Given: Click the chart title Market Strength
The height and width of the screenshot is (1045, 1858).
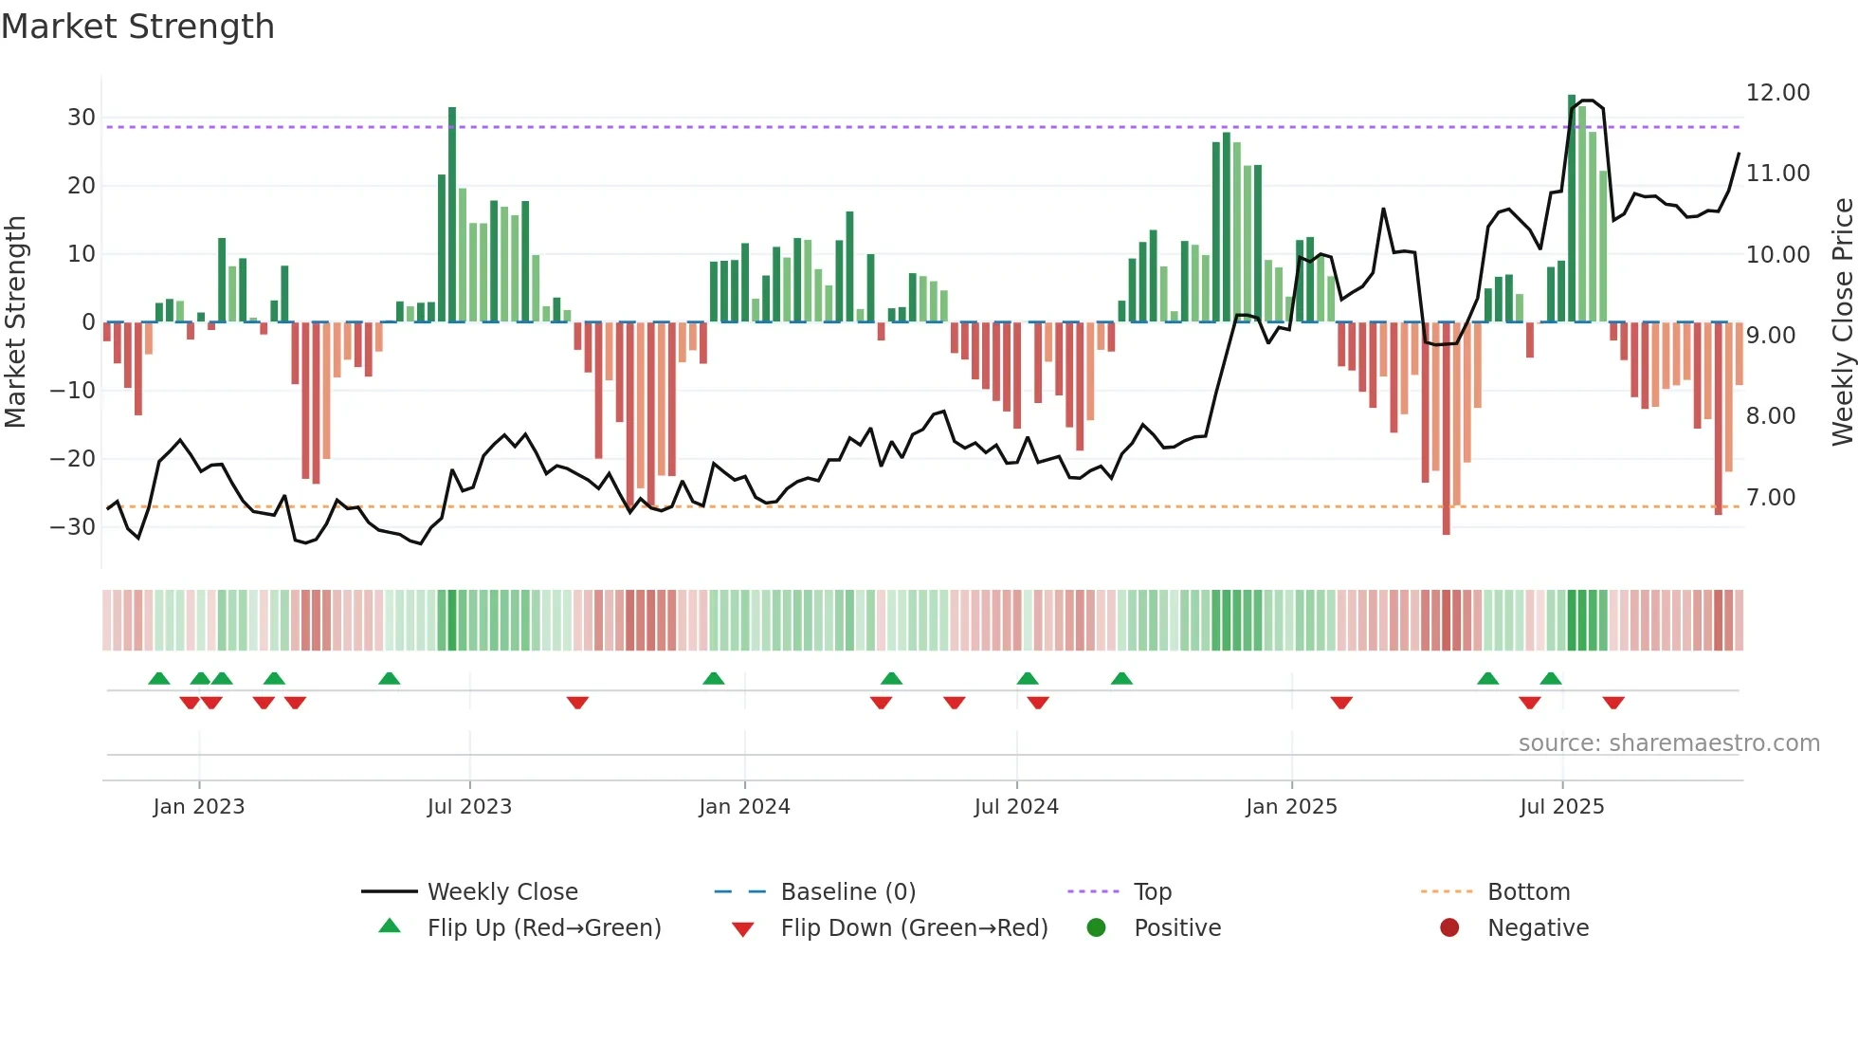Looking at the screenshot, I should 137,27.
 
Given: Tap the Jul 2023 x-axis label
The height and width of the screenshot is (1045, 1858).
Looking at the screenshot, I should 469,807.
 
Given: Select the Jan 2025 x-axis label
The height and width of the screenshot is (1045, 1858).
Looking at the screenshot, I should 1291,807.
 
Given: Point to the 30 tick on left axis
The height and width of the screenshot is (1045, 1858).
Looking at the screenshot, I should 82,118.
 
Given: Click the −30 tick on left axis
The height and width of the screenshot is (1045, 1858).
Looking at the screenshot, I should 74,527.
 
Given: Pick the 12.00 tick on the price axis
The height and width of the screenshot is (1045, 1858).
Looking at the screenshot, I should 1777,93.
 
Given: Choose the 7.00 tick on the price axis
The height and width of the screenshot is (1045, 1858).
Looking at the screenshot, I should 1771,498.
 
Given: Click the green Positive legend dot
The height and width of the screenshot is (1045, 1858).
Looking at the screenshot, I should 1097,928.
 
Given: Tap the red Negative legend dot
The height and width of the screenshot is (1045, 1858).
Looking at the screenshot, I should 1449,928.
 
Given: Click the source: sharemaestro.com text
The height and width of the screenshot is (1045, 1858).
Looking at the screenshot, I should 1668,743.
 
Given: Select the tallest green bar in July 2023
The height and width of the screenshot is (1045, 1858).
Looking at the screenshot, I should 452,214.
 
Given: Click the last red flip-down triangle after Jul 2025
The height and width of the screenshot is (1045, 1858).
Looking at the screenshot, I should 1613,703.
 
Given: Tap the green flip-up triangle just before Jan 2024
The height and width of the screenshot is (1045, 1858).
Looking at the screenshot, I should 714,678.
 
